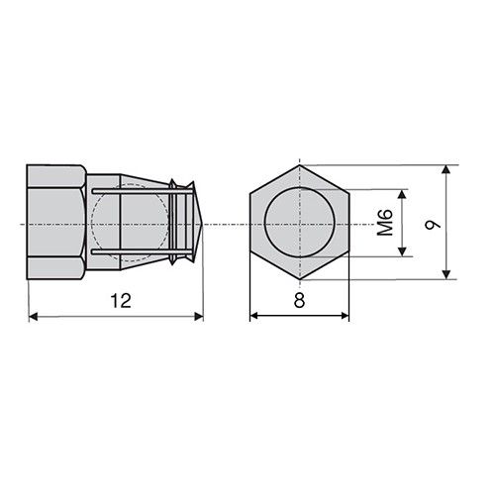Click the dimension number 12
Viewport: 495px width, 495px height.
point(121,301)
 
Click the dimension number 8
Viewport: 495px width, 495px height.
point(299,301)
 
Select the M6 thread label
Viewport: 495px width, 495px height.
point(385,223)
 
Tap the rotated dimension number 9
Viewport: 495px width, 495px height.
point(433,225)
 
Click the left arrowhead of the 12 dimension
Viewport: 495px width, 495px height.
point(34,317)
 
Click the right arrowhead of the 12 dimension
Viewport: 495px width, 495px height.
point(199,317)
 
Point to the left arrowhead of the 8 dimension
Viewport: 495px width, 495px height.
point(254,316)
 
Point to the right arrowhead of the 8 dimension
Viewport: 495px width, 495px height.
point(345,316)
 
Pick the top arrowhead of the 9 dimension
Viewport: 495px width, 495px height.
point(445,169)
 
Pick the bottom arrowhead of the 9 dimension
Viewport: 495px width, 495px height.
point(445,274)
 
